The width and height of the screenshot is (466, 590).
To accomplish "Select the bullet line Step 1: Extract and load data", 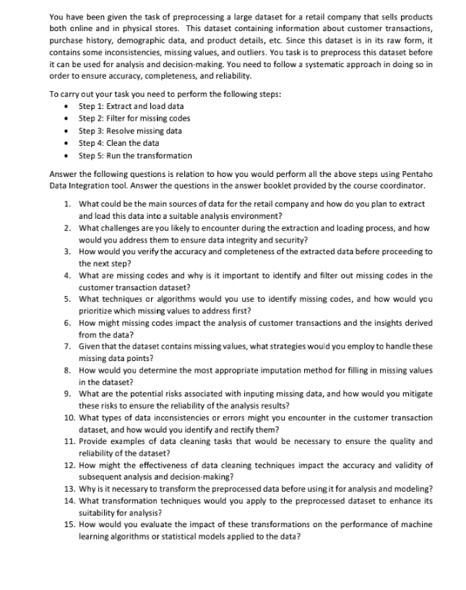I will [x=130, y=105].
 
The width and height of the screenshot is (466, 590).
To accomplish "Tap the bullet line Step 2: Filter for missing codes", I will [x=134, y=118].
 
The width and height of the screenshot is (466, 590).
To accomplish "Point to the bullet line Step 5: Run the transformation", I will [x=135, y=155].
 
